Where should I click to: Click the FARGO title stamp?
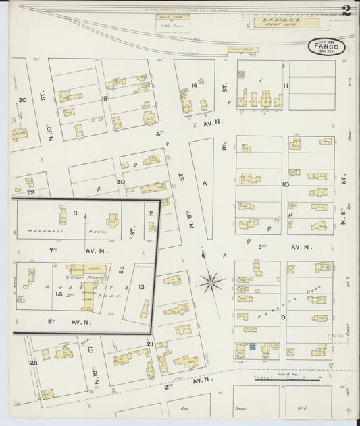tap(327, 47)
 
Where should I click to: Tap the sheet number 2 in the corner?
tap(346, 10)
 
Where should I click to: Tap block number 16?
tap(194, 85)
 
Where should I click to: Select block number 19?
tap(105, 98)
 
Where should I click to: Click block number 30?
tap(22, 100)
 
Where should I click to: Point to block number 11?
tap(286, 85)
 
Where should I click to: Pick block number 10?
tap(286, 184)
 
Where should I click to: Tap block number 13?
tap(141, 287)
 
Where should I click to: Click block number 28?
tap(33, 363)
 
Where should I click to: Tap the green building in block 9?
tap(251, 346)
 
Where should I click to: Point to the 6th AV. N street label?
tap(64, 322)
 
